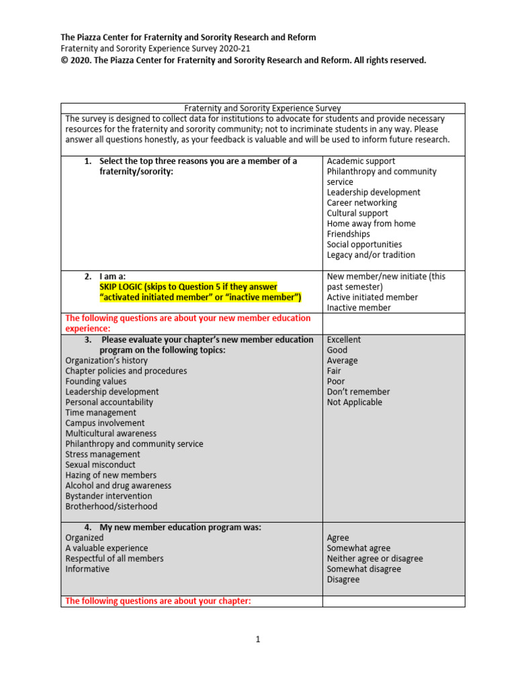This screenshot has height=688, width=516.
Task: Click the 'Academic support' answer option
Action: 361,161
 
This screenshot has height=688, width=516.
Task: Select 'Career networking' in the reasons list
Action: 361,203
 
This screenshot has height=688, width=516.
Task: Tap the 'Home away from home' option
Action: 371,224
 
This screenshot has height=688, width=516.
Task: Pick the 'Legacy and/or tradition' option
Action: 371,255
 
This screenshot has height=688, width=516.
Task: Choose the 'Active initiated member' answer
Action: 372,297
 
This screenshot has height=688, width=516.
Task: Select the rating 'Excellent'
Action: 344,340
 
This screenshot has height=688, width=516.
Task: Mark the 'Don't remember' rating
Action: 358,392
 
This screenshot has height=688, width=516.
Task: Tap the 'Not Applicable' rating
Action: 354,402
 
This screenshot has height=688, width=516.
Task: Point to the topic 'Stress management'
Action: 103,454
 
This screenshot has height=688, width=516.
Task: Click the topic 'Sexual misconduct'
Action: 100,465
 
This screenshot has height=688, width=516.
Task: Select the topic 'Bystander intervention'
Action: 109,496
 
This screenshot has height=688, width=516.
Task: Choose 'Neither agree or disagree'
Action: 375,559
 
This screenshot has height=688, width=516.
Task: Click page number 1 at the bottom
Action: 257,640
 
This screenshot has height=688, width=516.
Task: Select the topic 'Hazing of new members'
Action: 111,475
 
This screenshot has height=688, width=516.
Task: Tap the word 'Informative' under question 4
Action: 87,569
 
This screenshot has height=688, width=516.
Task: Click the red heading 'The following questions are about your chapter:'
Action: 158,601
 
